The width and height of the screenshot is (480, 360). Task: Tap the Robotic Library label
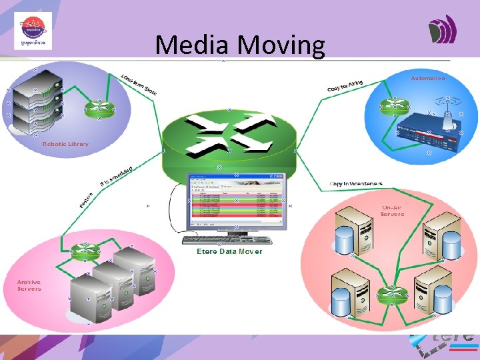pyautogui.click(x=65, y=144)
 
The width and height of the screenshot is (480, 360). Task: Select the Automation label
pyautogui.click(x=428, y=78)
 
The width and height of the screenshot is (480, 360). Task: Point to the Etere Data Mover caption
pyautogui.click(x=229, y=251)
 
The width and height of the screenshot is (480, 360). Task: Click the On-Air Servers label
pyautogui.click(x=392, y=211)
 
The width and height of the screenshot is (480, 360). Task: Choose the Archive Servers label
pyautogui.click(x=29, y=285)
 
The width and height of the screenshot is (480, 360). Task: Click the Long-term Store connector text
pyautogui.click(x=139, y=83)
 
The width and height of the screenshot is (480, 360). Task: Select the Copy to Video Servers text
pyautogui.click(x=357, y=183)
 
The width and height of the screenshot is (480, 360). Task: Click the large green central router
pyautogui.click(x=230, y=137)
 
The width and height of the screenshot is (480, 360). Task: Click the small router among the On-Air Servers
pyautogui.click(x=385, y=294)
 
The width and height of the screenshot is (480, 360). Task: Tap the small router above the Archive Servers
pyautogui.click(x=86, y=251)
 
